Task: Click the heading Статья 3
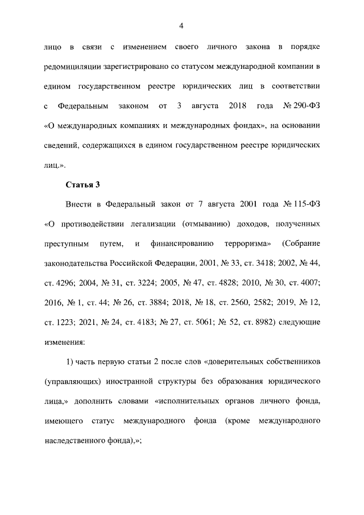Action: (x=84, y=185)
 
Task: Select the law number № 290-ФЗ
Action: (x=301, y=106)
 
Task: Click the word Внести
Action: (x=81, y=204)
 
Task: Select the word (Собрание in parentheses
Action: (x=300, y=244)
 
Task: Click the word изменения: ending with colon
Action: (x=64, y=342)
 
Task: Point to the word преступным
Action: (x=67, y=244)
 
